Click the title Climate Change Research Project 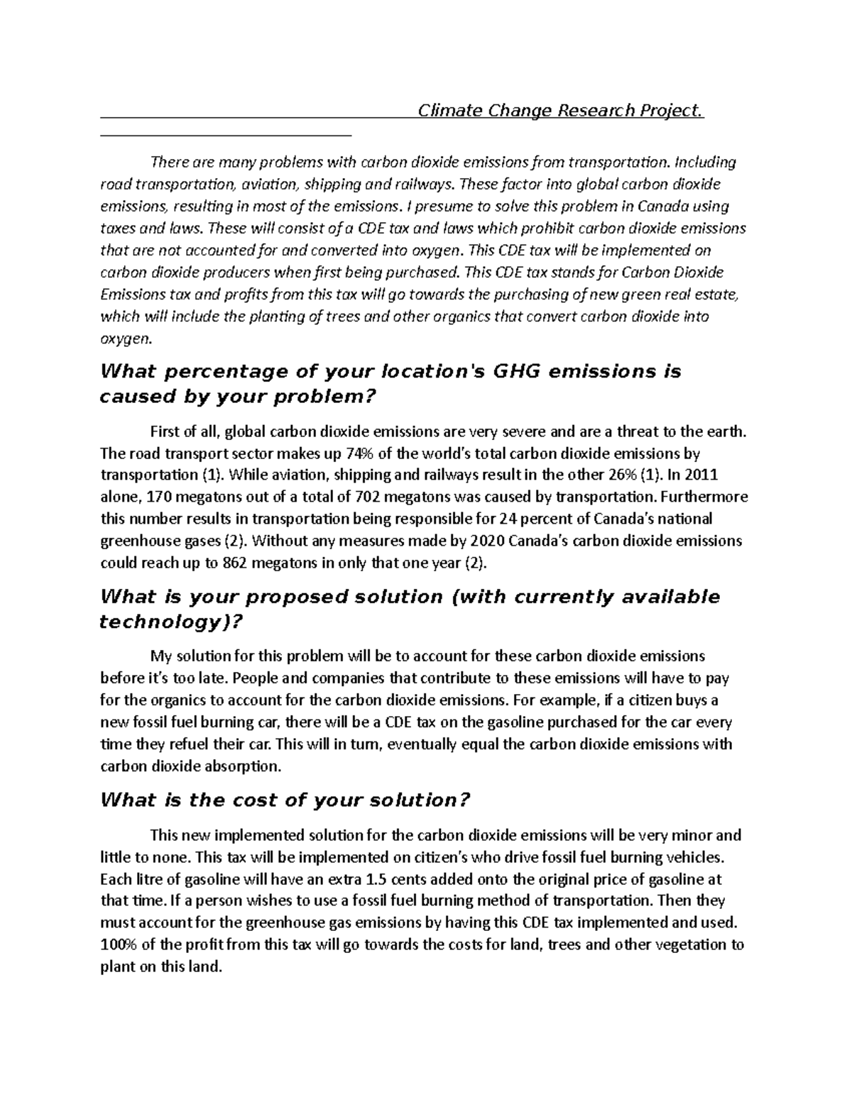560,111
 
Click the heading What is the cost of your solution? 285,800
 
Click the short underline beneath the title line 226,134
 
